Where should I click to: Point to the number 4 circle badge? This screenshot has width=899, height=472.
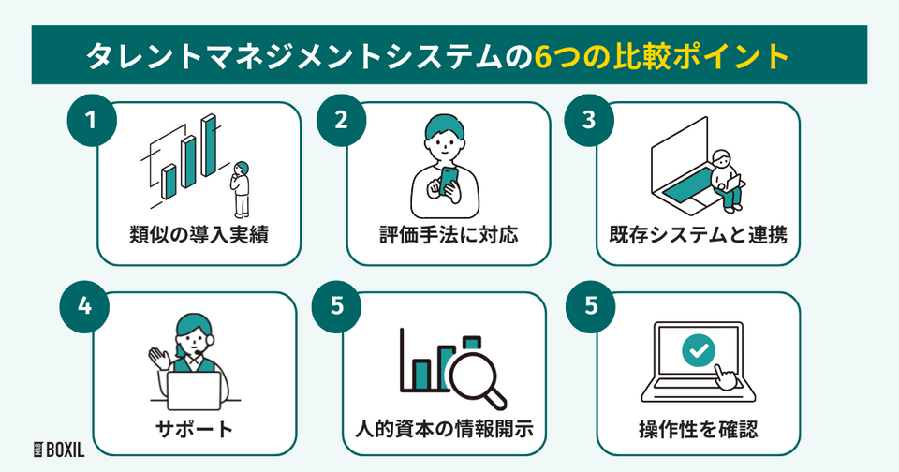[92, 310]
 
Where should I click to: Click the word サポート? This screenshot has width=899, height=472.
[199, 431]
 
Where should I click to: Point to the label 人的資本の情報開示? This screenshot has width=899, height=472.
[448, 431]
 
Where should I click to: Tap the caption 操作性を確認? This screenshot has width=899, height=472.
[698, 431]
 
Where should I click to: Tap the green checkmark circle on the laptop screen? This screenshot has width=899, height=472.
[697, 352]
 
